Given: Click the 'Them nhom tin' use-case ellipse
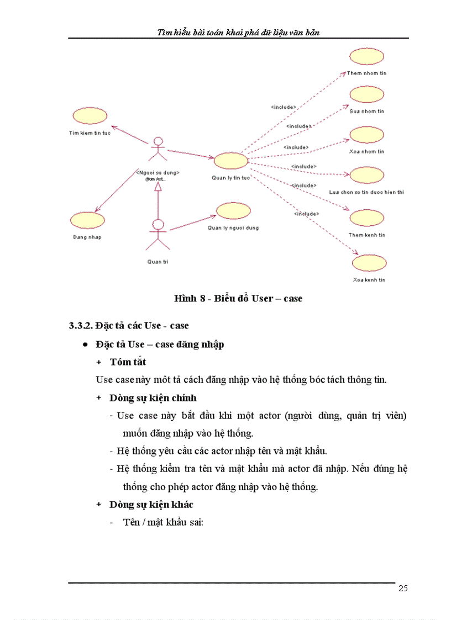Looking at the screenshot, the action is tap(366, 57).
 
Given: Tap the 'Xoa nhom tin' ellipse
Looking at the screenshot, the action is tap(366, 135).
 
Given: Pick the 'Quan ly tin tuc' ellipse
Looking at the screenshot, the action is tap(230, 161).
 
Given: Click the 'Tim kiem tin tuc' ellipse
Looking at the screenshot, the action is tap(89, 116).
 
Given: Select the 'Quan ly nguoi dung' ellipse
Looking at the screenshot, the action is tap(233, 211).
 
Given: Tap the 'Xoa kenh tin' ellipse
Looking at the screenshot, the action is tap(369, 263).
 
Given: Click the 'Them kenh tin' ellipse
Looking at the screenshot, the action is tap(366, 218).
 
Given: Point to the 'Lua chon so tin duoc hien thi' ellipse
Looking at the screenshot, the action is tap(366, 175).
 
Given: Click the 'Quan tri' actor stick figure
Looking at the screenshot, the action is tap(158, 235).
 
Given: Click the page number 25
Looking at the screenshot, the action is tap(403, 589).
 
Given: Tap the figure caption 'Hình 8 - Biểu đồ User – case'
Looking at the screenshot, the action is tap(238, 299).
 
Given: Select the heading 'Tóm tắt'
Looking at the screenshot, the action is tap(128, 362).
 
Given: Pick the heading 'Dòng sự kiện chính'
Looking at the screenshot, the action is tap(153, 398).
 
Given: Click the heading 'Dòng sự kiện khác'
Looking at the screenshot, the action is tap(151, 505).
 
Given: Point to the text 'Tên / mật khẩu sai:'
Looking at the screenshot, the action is tap(164, 522).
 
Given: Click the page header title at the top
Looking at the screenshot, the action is tap(238, 33).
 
